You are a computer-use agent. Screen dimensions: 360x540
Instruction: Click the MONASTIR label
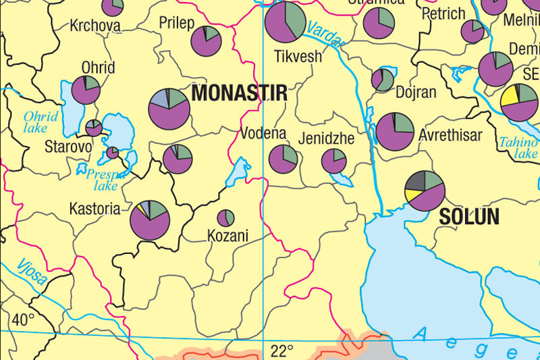click(x=239, y=93)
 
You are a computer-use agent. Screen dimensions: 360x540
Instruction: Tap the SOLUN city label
click(x=469, y=217)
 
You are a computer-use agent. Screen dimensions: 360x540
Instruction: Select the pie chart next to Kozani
click(x=225, y=218)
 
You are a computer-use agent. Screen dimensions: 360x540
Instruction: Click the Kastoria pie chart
click(x=150, y=220)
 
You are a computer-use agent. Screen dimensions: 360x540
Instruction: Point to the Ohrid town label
click(x=98, y=68)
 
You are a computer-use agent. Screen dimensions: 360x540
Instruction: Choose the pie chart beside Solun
click(x=425, y=190)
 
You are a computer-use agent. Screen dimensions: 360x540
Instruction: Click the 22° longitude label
click(x=281, y=351)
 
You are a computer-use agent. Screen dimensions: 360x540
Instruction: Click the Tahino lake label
click(x=518, y=148)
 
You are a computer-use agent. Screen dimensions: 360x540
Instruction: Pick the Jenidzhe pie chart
click(x=333, y=161)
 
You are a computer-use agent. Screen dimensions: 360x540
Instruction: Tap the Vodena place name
click(x=264, y=134)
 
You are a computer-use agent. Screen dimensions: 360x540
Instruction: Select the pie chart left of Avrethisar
click(x=395, y=132)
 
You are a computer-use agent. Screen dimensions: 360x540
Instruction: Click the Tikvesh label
click(x=298, y=57)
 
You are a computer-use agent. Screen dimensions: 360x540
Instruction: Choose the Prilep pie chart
click(x=207, y=41)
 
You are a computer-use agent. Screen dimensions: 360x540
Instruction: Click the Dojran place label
click(x=416, y=93)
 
